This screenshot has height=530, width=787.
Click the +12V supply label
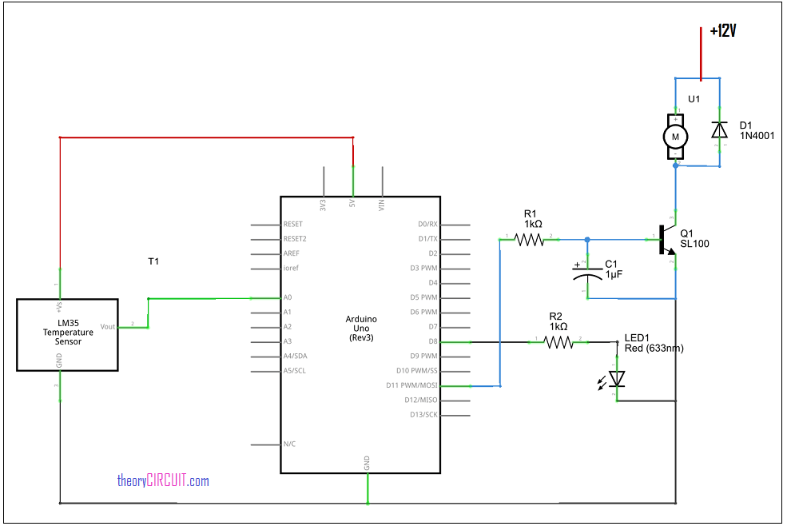(x=722, y=31)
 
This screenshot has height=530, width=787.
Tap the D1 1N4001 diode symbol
(x=720, y=130)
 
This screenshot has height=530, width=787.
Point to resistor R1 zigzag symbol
(x=530, y=239)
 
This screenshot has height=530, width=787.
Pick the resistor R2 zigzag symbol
(x=558, y=342)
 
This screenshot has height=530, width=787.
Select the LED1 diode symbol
(x=617, y=380)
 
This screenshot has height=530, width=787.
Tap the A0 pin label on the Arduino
(x=288, y=297)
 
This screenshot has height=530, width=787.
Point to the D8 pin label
(x=432, y=341)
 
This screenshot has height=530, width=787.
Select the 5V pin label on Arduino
(x=352, y=205)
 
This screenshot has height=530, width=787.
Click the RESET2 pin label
(x=295, y=239)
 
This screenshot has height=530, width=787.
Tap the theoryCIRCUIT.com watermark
(x=163, y=480)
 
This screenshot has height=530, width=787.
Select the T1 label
(x=153, y=261)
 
